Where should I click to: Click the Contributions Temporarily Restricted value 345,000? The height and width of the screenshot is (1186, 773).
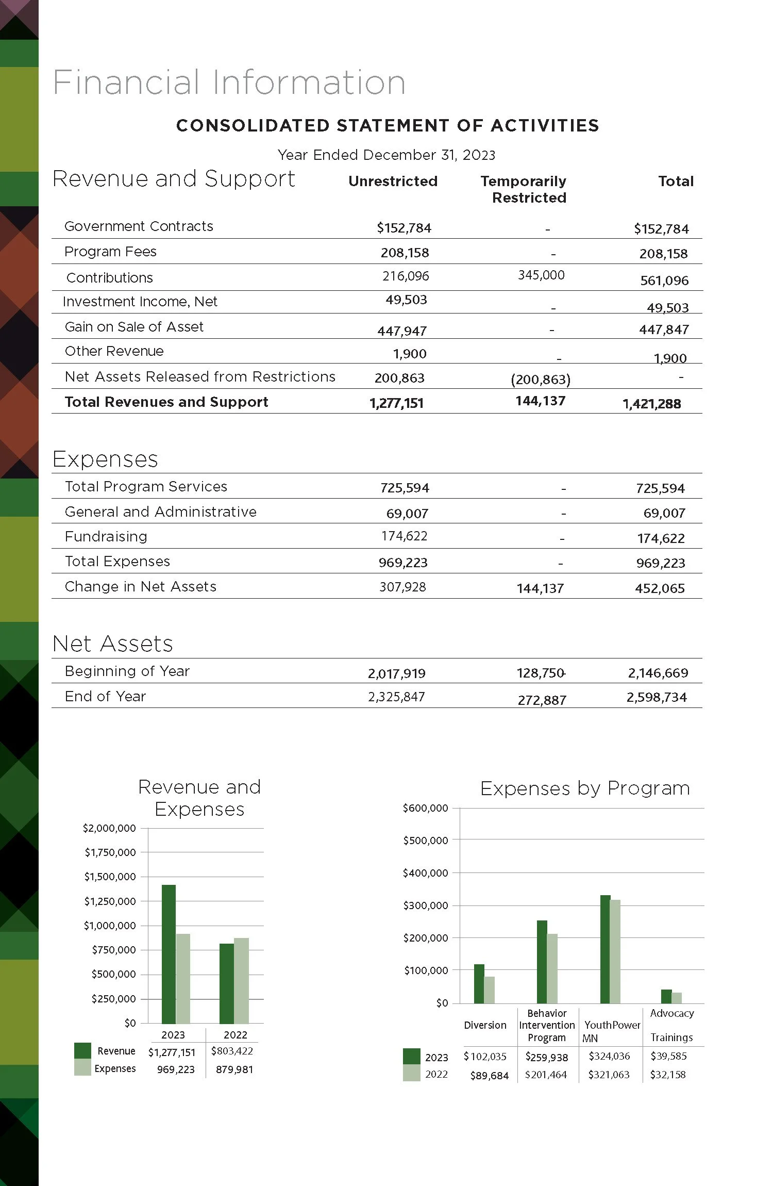click(x=541, y=275)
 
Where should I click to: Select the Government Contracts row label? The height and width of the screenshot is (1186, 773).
click(x=139, y=226)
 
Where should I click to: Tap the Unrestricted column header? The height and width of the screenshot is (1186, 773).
click(x=393, y=182)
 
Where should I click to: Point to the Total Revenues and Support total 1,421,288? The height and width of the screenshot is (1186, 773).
click(x=651, y=404)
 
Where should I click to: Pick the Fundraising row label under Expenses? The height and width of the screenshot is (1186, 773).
click(x=106, y=537)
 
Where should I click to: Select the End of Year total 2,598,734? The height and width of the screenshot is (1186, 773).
click(x=657, y=698)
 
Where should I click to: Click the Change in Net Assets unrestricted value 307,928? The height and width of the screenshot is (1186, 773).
click(x=402, y=587)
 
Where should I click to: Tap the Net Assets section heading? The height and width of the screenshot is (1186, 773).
click(x=113, y=644)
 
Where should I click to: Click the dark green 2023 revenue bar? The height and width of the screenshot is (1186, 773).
click(x=169, y=954)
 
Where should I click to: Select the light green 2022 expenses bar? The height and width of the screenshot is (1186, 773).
click(x=241, y=981)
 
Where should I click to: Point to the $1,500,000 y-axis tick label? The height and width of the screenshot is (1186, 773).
click(x=110, y=877)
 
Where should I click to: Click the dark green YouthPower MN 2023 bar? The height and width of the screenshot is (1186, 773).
click(x=605, y=949)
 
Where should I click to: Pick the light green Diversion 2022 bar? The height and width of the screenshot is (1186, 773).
click(x=489, y=990)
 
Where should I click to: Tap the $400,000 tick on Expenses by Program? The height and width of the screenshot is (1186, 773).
click(x=425, y=873)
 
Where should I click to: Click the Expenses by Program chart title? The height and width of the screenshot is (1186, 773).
click(x=585, y=788)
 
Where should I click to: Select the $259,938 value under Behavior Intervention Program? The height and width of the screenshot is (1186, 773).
click(x=546, y=1057)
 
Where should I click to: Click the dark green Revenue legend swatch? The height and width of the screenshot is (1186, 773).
click(x=82, y=1050)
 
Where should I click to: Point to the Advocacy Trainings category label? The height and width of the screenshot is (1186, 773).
click(x=671, y=1025)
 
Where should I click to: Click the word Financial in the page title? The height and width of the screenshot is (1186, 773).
click(x=126, y=83)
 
